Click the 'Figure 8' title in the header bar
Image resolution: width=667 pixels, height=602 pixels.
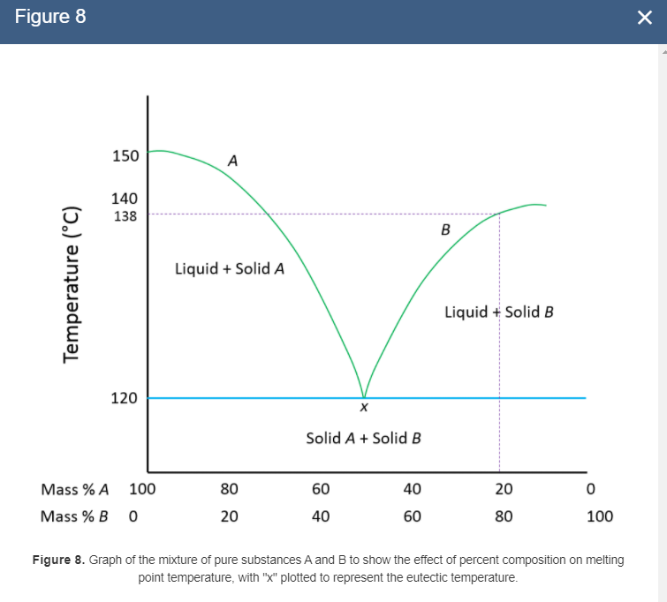[x=51, y=18]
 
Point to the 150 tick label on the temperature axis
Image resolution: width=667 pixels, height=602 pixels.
[x=125, y=156]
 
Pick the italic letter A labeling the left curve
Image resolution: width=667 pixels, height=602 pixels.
[x=232, y=161]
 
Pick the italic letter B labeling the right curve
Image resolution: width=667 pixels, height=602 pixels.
[x=445, y=230]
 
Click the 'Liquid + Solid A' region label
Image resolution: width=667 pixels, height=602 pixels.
[x=229, y=267]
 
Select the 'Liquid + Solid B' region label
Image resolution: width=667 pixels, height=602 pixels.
[x=498, y=312]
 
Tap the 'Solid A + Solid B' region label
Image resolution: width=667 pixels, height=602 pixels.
[x=362, y=438]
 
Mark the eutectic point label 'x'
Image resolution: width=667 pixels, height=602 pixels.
[x=363, y=409]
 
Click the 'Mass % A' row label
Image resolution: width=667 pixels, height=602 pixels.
[x=75, y=489]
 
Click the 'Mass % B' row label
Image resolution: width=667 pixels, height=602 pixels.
[x=75, y=516]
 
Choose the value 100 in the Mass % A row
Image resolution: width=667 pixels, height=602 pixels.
[x=142, y=489]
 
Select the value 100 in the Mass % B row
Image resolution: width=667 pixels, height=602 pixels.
[x=599, y=516]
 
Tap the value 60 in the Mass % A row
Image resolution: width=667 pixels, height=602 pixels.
[x=321, y=489]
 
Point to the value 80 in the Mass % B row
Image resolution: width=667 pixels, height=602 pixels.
[x=503, y=516]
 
